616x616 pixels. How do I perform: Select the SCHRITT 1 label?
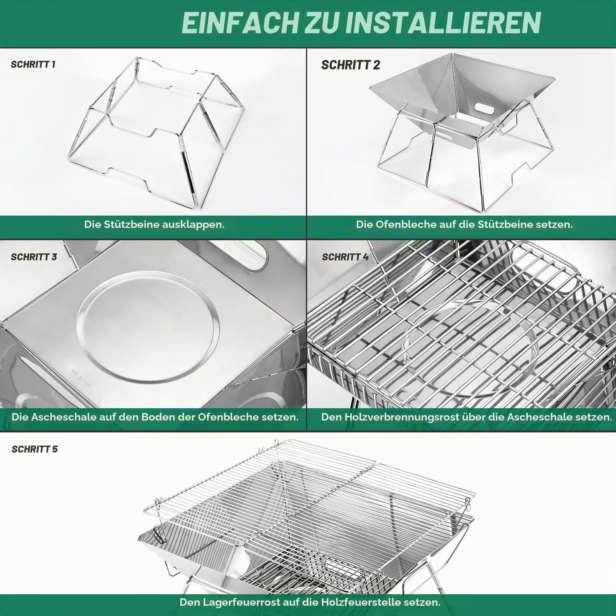33,64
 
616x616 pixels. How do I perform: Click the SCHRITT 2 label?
351,65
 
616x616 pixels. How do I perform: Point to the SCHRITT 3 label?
34,257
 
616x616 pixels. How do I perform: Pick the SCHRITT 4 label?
345,257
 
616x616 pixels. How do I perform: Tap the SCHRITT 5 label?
34,449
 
